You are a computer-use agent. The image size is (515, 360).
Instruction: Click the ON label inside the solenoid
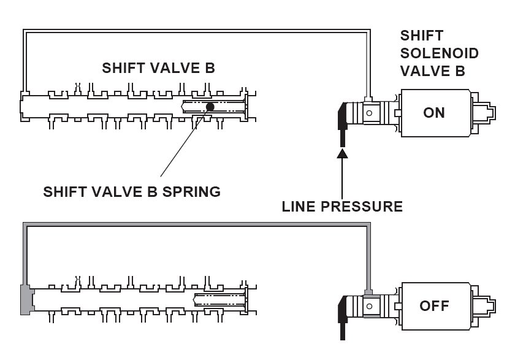tap(433, 113)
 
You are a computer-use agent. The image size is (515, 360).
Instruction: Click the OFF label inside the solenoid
tap(433, 305)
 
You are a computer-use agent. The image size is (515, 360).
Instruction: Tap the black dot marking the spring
tap(210, 107)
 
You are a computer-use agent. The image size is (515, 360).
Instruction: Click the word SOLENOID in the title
tap(439, 53)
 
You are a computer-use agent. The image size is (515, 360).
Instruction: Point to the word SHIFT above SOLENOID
tap(421, 35)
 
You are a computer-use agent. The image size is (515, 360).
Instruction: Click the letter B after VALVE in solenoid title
tap(459, 71)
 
